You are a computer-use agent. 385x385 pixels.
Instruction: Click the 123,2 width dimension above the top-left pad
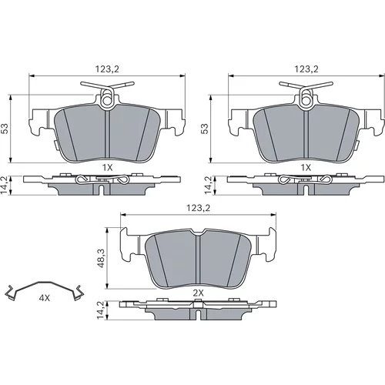pos(107,69)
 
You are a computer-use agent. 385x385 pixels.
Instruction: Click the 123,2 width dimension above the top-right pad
pos(306,69)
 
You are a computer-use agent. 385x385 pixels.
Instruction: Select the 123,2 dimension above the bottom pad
pos(198,208)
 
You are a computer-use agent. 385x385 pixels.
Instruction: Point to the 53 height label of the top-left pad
pos(5,129)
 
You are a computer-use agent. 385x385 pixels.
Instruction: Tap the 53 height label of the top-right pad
pos(205,129)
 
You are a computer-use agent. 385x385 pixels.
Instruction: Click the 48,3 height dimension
pos(101,258)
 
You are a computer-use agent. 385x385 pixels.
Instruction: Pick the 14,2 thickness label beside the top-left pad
pos(5,185)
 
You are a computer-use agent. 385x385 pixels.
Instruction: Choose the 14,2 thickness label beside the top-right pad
pos(207,185)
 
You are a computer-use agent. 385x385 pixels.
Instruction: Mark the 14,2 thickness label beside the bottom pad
pos(101,310)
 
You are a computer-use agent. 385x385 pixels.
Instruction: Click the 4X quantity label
pos(44,298)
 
